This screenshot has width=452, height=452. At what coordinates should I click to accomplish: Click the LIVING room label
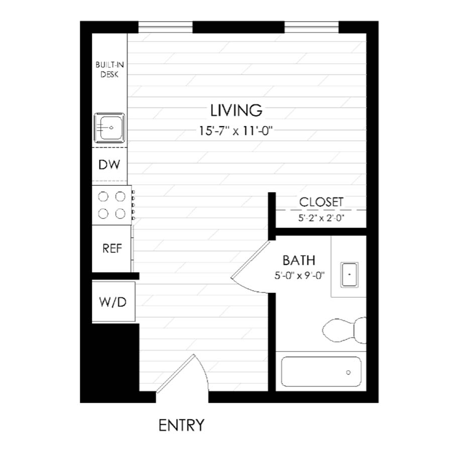(x=236, y=109)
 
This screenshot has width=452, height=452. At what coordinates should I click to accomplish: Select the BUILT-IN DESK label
(x=109, y=69)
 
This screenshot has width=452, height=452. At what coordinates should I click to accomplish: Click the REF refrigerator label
(x=111, y=248)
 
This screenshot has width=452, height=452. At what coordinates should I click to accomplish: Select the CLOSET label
(x=321, y=202)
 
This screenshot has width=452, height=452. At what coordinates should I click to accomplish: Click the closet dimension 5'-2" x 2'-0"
(x=321, y=218)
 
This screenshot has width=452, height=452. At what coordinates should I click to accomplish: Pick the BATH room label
(x=299, y=260)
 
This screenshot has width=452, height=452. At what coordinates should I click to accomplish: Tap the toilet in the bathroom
(x=344, y=330)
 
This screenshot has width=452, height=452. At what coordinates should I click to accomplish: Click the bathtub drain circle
(x=348, y=372)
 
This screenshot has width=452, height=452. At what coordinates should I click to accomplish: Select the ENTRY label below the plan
(x=181, y=425)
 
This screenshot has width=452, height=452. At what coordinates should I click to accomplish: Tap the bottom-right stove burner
(x=120, y=214)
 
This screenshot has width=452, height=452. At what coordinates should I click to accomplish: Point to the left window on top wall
(x=165, y=27)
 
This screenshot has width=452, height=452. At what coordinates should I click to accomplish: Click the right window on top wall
(x=311, y=27)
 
